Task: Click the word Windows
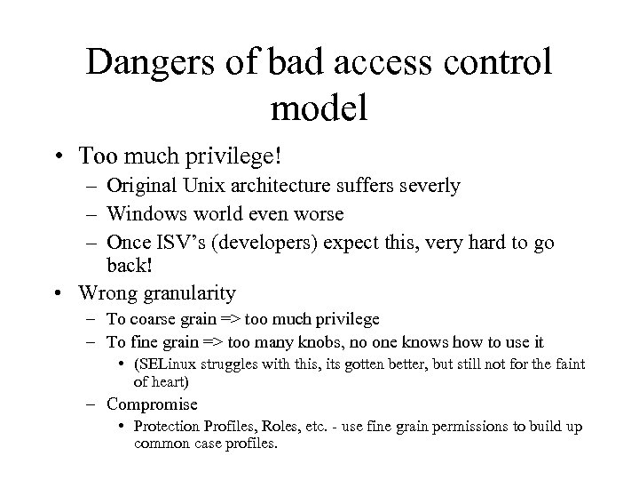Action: point(143,214)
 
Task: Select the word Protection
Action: point(169,427)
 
